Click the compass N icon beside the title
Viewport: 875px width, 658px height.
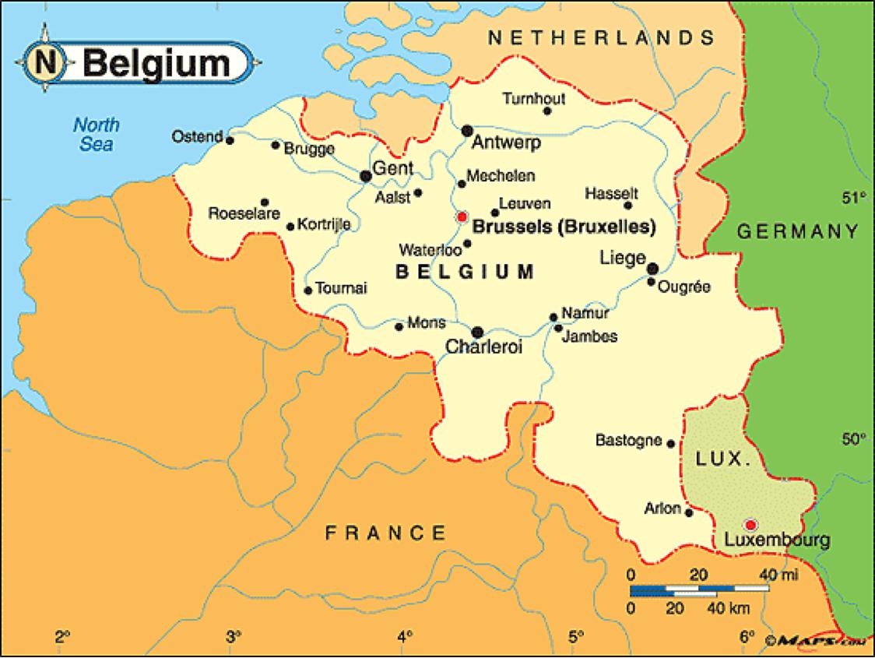[x=45, y=62]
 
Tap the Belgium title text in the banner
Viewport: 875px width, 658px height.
[x=156, y=63]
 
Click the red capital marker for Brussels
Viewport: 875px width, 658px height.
[x=462, y=216]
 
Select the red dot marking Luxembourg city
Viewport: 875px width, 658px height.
[x=750, y=524]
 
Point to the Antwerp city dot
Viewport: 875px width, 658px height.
[x=467, y=130]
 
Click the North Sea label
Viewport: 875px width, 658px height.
[x=96, y=133]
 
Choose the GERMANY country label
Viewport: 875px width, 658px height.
[x=798, y=231]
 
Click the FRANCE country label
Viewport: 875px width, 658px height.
[x=386, y=533]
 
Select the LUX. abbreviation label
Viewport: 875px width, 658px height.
[x=723, y=459]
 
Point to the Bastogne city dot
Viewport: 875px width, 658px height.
[x=671, y=443]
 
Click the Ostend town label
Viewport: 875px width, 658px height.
[x=197, y=137]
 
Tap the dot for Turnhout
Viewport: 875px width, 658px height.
[x=547, y=111]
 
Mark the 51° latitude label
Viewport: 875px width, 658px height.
[x=853, y=198]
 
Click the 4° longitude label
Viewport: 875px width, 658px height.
[x=405, y=635]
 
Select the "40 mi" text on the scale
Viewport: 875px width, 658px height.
[x=778, y=575]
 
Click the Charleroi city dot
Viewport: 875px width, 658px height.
[x=477, y=332]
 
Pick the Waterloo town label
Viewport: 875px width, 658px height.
[x=430, y=251]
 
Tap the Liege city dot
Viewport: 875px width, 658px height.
[x=653, y=269]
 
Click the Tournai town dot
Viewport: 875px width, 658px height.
[x=308, y=290]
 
